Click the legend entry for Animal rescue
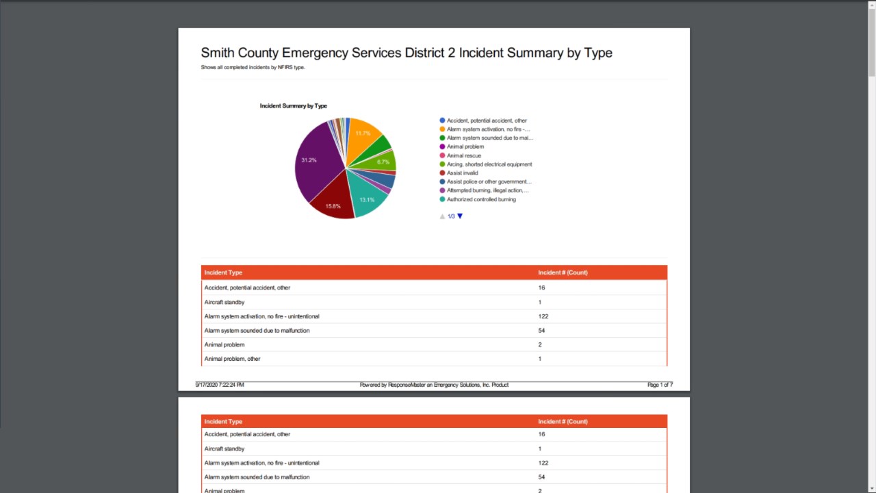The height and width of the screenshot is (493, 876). coord(464,155)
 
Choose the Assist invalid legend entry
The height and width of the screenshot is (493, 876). coord(463,173)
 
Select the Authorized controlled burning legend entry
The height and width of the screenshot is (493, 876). coord(481,199)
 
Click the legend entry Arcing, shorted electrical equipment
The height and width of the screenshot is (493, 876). coord(489,164)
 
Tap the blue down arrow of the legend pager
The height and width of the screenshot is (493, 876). coord(460,216)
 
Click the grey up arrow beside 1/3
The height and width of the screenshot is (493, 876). coord(442,216)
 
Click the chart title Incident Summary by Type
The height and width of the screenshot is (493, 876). coord(294,106)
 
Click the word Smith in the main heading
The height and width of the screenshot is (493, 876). coord(218,53)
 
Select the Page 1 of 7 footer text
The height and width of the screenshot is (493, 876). coord(660,385)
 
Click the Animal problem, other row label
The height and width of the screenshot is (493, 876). coord(232,359)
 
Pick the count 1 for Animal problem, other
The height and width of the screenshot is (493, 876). coord(540,359)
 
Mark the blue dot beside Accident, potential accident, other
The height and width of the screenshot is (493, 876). coord(442,121)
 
